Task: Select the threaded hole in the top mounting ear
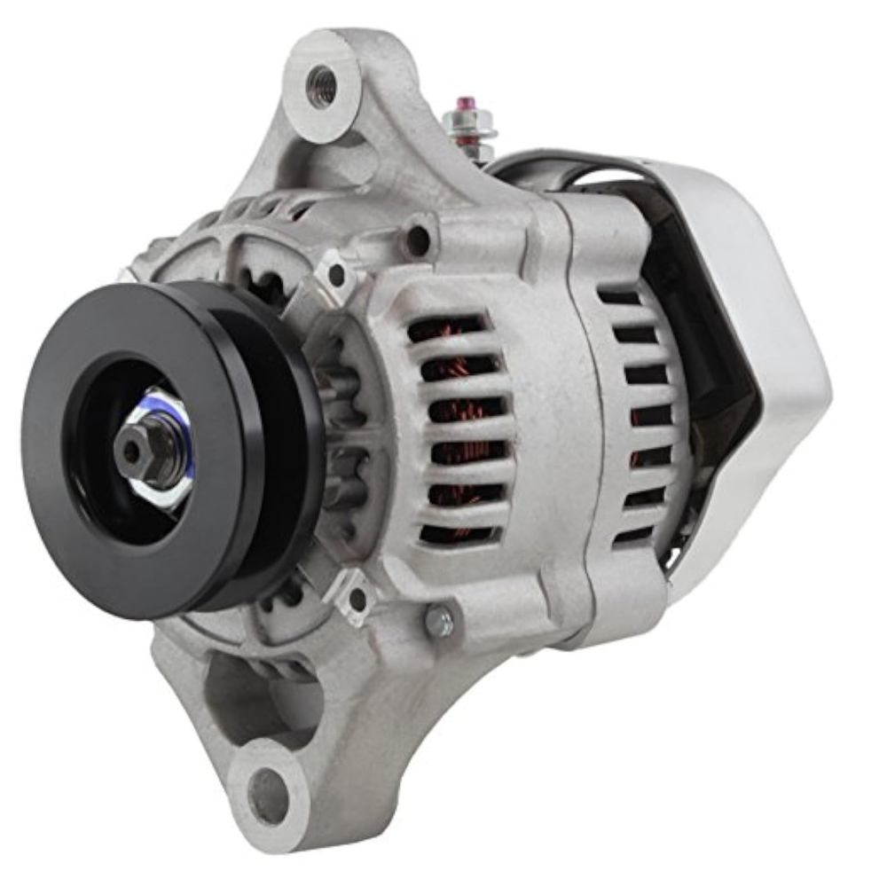coord(321,85)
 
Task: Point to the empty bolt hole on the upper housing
coord(418,238)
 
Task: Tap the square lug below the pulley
coord(355,597)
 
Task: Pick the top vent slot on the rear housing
coord(620,297)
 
